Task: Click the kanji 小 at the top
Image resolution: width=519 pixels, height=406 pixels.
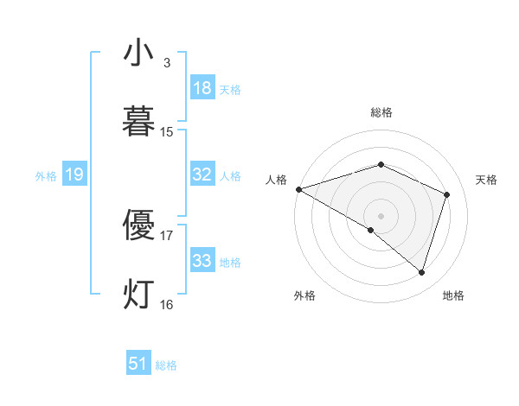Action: point(138,53)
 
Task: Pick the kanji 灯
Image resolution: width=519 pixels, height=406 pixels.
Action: point(138,293)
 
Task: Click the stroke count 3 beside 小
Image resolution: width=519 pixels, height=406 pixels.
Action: point(166,63)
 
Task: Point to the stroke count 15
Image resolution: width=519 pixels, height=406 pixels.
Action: point(167,132)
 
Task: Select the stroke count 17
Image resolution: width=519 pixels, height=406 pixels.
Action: point(167,235)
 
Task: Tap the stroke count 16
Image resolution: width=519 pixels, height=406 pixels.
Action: point(167,304)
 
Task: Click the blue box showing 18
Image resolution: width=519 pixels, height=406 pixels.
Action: point(202,88)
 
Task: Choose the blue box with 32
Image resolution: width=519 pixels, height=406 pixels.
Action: point(202,174)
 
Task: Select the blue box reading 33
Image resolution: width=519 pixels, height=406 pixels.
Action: point(202,261)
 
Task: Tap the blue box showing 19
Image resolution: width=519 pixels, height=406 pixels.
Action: point(74,175)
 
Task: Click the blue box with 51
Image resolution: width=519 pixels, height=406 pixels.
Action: point(138,364)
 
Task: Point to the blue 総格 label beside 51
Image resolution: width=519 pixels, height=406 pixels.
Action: point(166,365)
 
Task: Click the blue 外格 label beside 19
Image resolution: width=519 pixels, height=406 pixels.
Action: point(46,176)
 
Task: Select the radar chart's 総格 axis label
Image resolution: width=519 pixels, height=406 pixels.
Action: point(381,112)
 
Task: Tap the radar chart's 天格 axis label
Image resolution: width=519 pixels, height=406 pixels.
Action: point(487,180)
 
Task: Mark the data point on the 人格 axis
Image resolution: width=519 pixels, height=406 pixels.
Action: point(298,189)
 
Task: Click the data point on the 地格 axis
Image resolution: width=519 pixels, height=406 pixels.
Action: point(421,272)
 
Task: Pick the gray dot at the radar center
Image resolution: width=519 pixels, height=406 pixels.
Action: point(381,215)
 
